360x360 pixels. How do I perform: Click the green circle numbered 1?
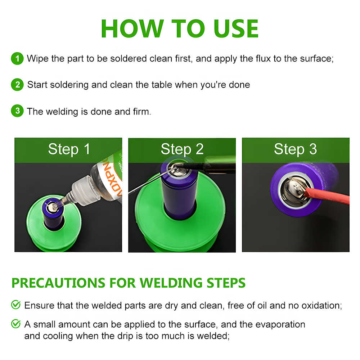(x=17, y=59)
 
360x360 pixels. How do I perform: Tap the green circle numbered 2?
(x=17, y=85)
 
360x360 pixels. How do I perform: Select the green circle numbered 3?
(x=17, y=111)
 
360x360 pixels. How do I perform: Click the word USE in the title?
(x=236, y=29)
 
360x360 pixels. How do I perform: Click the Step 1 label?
(x=69, y=149)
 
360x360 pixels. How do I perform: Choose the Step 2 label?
(x=182, y=149)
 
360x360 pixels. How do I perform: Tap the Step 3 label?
(x=296, y=149)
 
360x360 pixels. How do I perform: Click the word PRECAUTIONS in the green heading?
(x=58, y=283)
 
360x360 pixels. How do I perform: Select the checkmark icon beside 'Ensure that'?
(x=16, y=305)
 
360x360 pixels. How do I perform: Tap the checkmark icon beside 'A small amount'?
(x=16, y=324)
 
